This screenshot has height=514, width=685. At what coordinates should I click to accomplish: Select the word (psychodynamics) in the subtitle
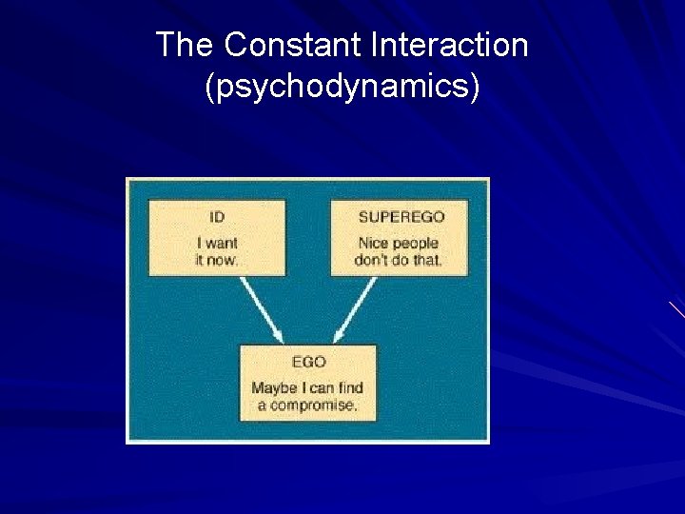tap(342, 87)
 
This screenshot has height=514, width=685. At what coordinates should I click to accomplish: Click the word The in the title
tap(186, 45)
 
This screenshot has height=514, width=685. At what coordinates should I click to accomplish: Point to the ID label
tap(217, 217)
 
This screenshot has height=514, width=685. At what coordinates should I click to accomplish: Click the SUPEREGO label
tap(401, 217)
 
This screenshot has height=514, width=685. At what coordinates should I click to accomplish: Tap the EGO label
tap(309, 362)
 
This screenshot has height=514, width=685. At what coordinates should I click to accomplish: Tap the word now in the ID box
tap(225, 259)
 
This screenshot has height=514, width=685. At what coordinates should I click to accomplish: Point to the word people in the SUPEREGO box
tap(413, 244)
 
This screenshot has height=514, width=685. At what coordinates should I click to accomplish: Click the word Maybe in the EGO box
tap(274, 388)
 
